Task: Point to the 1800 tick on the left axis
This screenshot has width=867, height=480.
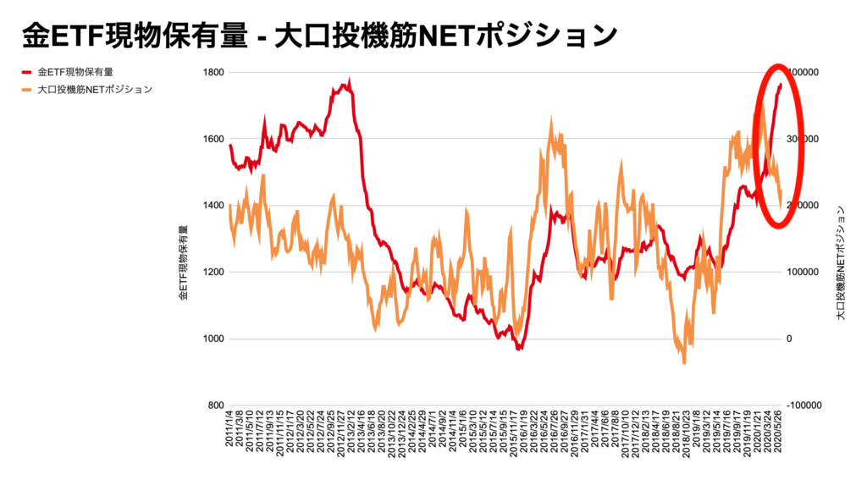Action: point(213,73)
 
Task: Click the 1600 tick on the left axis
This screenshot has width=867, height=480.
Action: point(213,139)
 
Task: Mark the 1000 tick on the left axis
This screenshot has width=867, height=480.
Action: point(213,339)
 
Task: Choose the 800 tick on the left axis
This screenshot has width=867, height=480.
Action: point(215,406)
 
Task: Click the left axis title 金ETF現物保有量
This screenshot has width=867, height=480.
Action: point(183,263)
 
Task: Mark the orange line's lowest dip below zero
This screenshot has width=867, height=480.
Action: point(684,363)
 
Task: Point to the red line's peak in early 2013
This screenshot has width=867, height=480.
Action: point(350,81)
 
